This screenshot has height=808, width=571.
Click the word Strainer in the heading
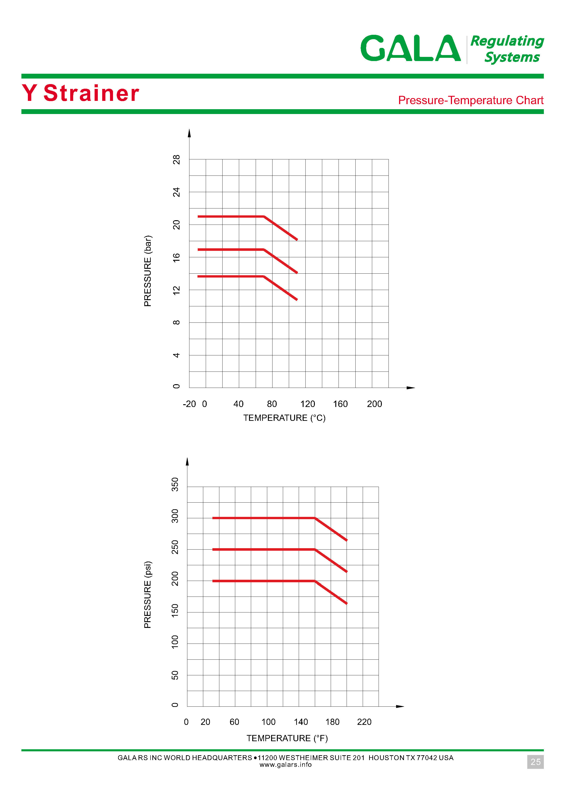point(91,93)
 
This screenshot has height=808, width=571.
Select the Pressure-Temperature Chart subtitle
point(470,100)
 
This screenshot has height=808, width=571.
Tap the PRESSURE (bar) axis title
point(148,271)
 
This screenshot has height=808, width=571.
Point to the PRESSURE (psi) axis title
point(148,594)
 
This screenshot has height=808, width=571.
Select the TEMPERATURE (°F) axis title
point(287,738)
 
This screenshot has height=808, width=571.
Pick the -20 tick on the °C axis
point(189,404)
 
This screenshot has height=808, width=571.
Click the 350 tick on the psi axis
point(175,485)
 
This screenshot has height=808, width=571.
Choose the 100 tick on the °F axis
point(268,722)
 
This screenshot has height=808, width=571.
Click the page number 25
point(535,762)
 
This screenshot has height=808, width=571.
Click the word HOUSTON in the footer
point(386,758)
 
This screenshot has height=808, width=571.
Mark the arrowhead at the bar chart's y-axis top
point(189,133)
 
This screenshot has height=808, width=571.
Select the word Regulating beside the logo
point(507,41)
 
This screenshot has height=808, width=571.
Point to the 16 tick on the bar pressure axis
point(176,257)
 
